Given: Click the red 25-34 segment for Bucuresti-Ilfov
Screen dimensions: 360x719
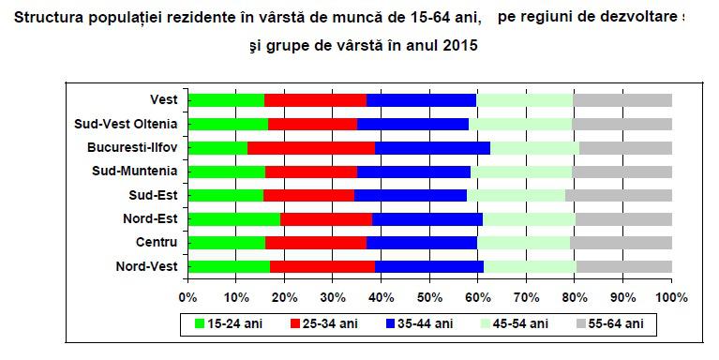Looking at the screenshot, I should pyautogui.click(x=311, y=147).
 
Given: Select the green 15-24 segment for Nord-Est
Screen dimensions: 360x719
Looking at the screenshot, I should pyautogui.click(x=233, y=219).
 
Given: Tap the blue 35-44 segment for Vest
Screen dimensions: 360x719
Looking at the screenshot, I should pyautogui.click(x=421, y=99).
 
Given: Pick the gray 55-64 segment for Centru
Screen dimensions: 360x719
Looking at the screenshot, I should pyautogui.click(x=621, y=243).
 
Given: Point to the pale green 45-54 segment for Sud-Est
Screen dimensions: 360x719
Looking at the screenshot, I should pyautogui.click(x=516, y=195).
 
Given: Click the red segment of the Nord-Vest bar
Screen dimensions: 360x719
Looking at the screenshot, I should pyautogui.click(x=322, y=266).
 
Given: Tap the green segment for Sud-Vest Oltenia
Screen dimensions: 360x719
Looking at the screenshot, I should pyautogui.click(x=228, y=124).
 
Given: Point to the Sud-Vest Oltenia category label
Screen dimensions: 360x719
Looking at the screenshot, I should pyautogui.click(x=127, y=124).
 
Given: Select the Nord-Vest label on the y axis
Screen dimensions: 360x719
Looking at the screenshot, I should pyautogui.click(x=147, y=266).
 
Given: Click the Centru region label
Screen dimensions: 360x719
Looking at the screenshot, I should pyautogui.click(x=158, y=243).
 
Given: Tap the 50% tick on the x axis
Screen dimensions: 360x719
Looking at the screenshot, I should pyautogui.click(x=429, y=297).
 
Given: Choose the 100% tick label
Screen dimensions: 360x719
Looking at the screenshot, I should pyautogui.click(x=671, y=297).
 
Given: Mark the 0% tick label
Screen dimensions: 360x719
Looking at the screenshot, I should pyautogui.click(x=187, y=297).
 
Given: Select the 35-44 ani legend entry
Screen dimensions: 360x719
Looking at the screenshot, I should pyautogui.click(x=422, y=324).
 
